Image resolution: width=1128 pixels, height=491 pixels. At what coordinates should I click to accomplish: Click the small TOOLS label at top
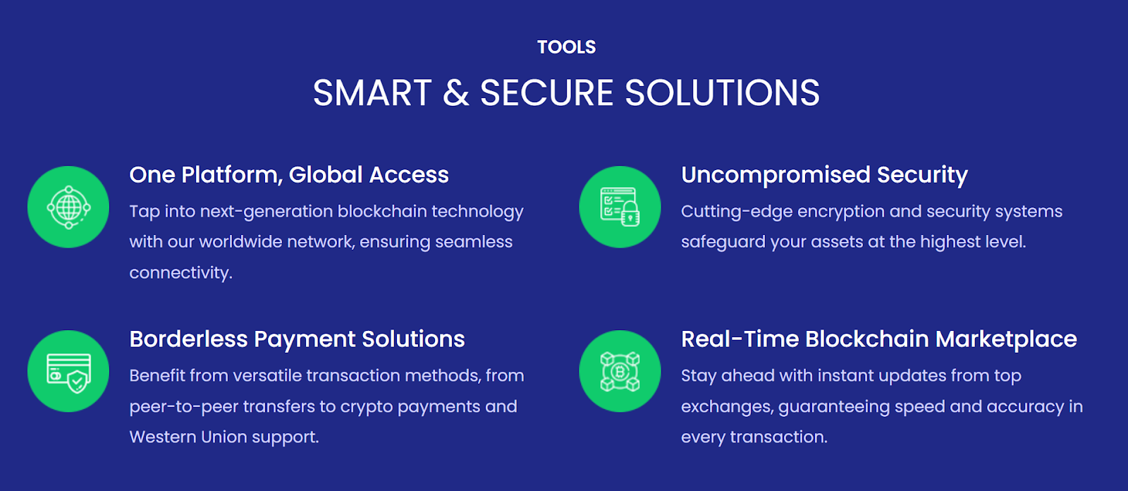[x=567, y=47]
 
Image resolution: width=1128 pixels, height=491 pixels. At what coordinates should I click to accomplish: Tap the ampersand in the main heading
[x=455, y=92]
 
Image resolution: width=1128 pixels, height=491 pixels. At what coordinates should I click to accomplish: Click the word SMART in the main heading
[x=372, y=92]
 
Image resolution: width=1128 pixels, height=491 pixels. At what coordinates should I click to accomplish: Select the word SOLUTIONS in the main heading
[x=722, y=92]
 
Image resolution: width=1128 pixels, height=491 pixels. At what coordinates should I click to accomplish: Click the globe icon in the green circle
[x=68, y=207]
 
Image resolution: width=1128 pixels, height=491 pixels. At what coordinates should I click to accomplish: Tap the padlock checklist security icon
[x=620, y=207]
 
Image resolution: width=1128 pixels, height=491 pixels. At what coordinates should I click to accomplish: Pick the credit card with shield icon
[x=68, y=372]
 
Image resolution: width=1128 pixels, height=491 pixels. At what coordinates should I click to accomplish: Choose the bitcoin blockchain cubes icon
[x=620, y=372]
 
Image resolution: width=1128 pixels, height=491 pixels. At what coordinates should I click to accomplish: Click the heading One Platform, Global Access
[x=289, y=175]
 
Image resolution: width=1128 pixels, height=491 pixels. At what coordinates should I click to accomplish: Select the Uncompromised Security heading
[x=824, y=176]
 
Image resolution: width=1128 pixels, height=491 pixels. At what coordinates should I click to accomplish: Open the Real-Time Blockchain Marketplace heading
[x=878, y=339]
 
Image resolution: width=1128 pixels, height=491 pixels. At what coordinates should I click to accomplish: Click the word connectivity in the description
[x=180, y=273]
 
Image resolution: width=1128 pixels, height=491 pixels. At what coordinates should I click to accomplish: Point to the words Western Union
[x=188, y=437]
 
